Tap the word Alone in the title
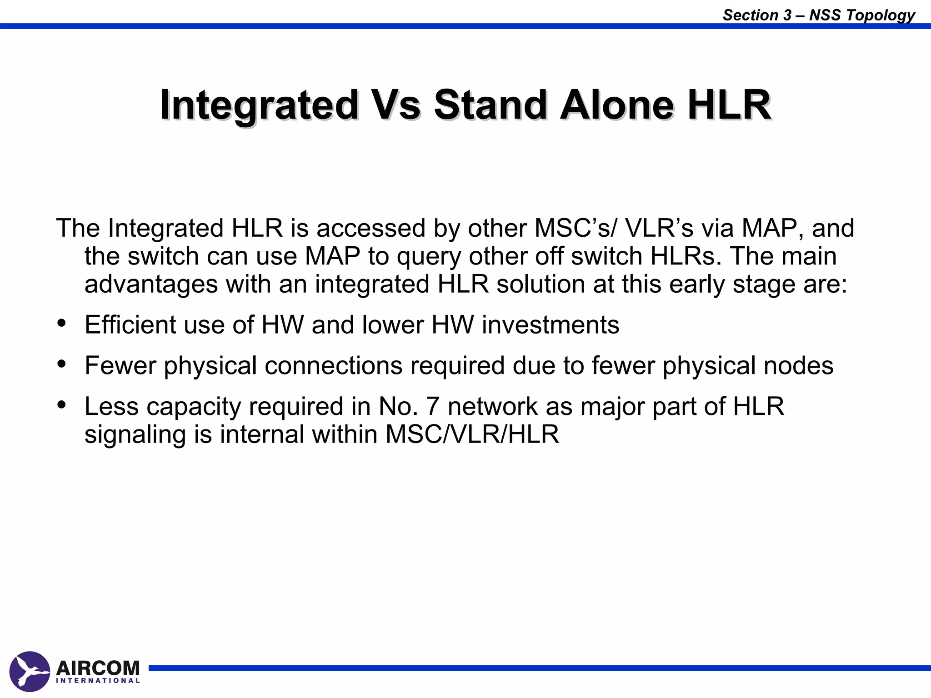[x=616, y=105]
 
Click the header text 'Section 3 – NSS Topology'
[x=818, y=15]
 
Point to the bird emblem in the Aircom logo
[x=29, y=671]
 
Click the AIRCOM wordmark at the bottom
[x=98, y=668]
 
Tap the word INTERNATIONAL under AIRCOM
[x=98, y=681]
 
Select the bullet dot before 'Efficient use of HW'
[x=62, y=323]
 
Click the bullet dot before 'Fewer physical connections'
[x=62, y=364]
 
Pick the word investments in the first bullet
[x=551, y=325]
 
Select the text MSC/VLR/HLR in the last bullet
[x=472, y=434]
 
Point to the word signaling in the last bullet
[x=135, y=435]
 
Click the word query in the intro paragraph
[x=429, y=257]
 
